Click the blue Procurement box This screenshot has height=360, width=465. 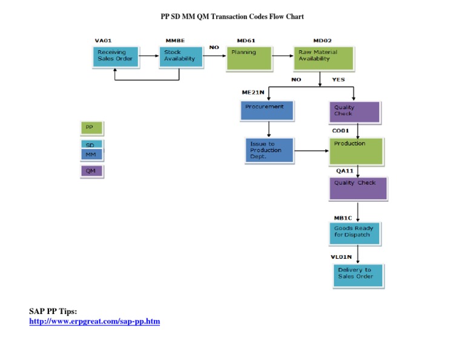[x=267, y=110]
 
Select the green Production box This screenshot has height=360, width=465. [x=356, y=151]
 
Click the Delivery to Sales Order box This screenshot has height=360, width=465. [x=358, y=276]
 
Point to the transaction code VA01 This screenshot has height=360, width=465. [x=103, y=41]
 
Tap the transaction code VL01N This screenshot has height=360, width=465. [x=341, y=257]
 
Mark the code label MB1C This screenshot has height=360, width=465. [x=343, y=218]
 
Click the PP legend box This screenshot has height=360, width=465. [x=91, y=128]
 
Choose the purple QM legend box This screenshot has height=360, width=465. [x=91, y=172]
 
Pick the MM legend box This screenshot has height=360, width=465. [x=91, y=155]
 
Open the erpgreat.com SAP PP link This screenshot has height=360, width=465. [x=94, y=321]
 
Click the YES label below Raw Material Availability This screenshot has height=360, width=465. [x=338, y=79]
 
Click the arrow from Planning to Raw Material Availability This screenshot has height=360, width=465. [x=282, y=55]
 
